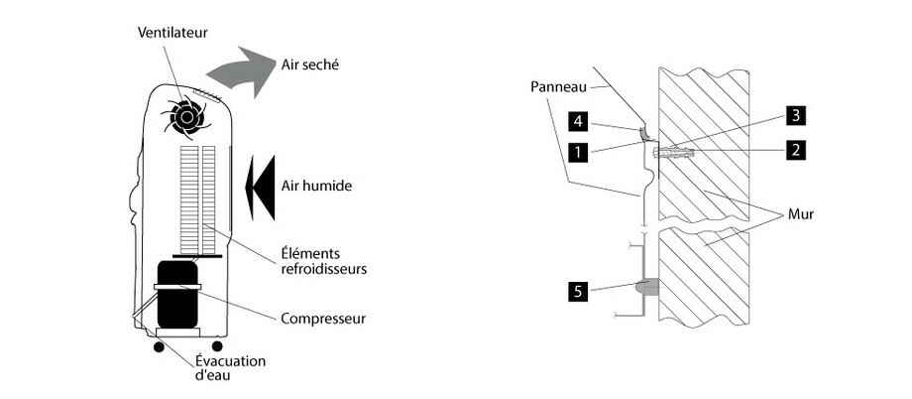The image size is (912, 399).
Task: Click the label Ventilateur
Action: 172,32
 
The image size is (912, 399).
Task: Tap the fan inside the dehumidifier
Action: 185,117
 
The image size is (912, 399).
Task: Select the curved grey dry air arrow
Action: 243,72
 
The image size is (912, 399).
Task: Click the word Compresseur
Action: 324,319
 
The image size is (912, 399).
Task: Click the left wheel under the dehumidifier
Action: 158,347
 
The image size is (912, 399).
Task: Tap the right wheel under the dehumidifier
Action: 217,347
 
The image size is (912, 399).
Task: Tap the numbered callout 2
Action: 795,151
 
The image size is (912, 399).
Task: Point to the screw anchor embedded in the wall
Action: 674,153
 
